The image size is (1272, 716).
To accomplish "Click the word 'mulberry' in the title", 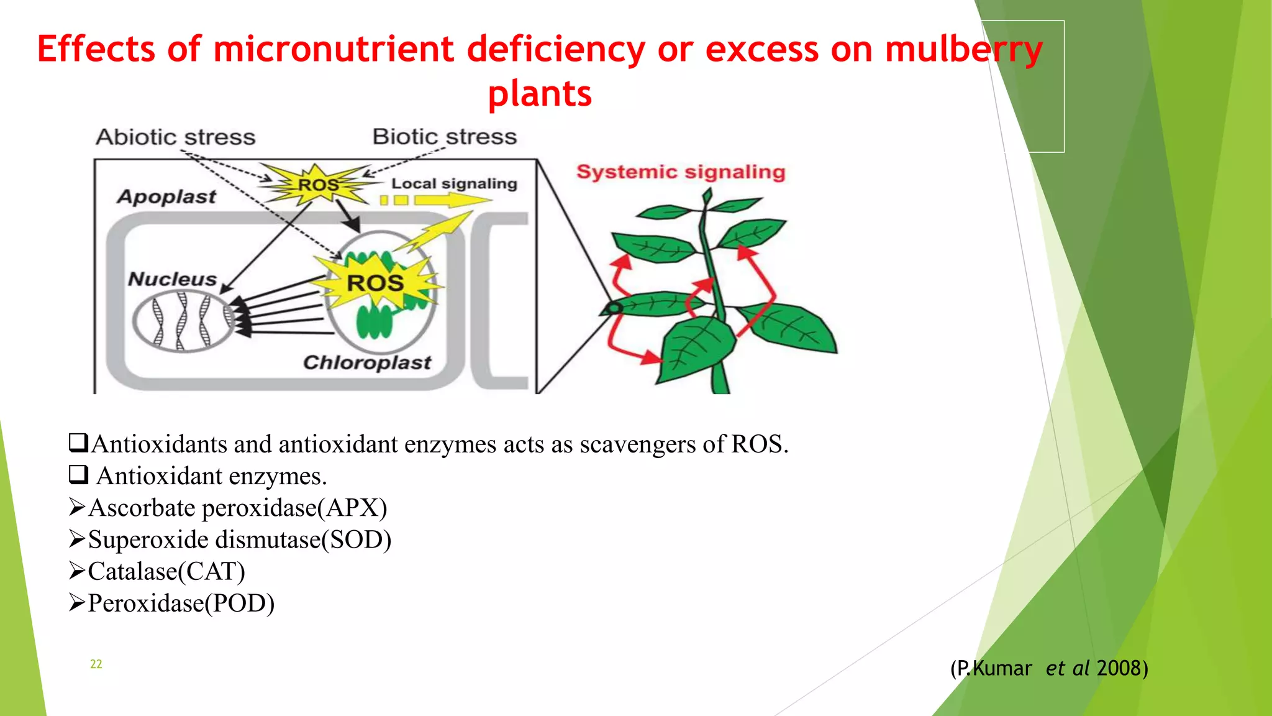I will (x=963, y=50).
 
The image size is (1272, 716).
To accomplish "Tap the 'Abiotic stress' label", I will (x=175, y=137).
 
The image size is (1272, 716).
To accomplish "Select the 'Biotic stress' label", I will (x=444, y=137).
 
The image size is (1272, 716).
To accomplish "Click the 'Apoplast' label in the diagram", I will (x=166, y=196).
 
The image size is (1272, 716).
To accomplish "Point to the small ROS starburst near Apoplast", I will (x=318, y=185).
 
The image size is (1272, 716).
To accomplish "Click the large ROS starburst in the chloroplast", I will (x=375, y=283).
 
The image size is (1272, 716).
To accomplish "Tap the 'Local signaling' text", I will (x=454, y=183).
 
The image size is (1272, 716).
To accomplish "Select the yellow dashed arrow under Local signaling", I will (x=435, y=200).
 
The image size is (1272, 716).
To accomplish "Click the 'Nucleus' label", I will (x=172, y=279).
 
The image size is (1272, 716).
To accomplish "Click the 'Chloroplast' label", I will (x=366, y=362).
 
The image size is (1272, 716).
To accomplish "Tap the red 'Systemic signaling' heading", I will (x=681, y=172).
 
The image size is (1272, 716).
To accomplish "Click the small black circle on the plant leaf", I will (x=614, y=308).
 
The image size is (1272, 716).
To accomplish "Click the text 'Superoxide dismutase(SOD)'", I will (x=239, y=539).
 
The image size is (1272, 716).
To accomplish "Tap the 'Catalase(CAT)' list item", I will (x=166, y=571).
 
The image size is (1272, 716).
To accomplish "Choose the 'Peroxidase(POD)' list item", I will (x=181, y=603).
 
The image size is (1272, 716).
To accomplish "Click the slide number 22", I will (x=96, y=664).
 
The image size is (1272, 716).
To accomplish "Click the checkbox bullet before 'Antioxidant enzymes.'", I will (x=78, y=475).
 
